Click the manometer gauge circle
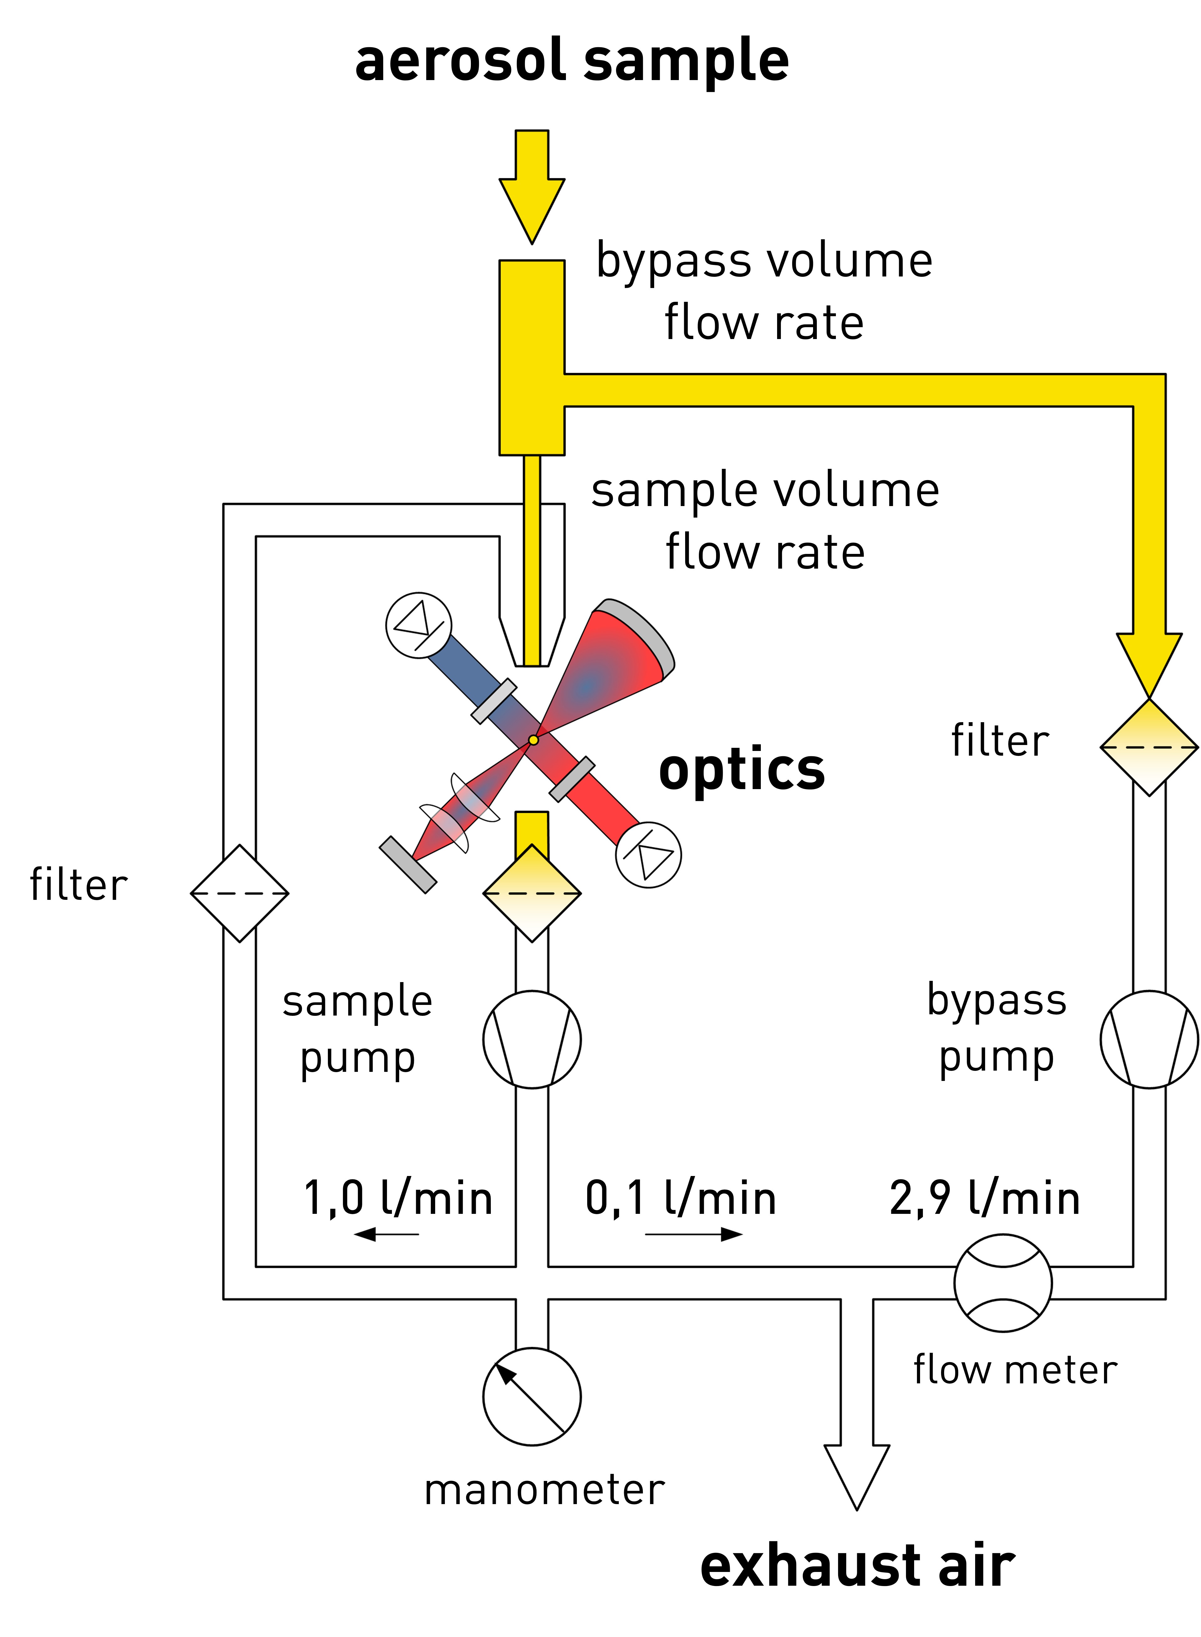(532, 1396)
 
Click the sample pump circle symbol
(532, 1040)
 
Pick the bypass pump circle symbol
(1149, 1040)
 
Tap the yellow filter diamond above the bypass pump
(1149, 747)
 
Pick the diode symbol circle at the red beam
(649, 855)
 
